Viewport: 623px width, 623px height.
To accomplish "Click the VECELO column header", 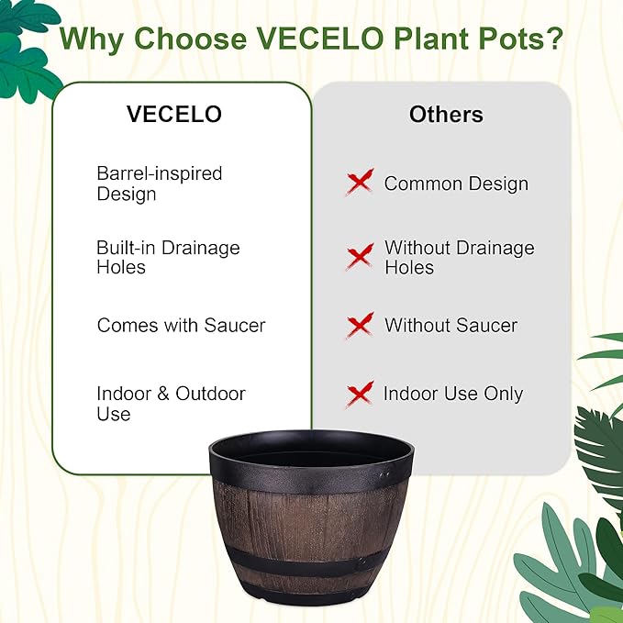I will coord(174,115).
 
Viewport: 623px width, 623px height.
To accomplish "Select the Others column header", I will coord(446,115).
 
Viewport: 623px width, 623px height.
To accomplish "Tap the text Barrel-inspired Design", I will coord(160,184).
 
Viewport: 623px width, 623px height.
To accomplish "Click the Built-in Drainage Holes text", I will coord(168,258).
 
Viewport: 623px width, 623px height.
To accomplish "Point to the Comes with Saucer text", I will coord(181,325).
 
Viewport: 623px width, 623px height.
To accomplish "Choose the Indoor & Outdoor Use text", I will coord(171,404).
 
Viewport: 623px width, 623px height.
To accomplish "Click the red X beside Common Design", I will coord(360,182).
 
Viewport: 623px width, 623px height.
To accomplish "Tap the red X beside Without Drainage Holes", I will coord(360,256).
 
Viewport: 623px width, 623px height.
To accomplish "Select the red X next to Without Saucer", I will coord(360,325).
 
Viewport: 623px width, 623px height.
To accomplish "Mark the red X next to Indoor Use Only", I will coord(360,394).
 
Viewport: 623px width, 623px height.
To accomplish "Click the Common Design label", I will coord(456,184).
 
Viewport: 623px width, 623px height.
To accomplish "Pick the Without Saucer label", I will coord(451,325).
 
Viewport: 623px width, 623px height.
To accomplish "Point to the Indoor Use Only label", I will coord(452,394).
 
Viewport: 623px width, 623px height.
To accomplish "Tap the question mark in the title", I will coord(553,39).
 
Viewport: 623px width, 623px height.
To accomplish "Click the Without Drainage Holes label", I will coord(459,258).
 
